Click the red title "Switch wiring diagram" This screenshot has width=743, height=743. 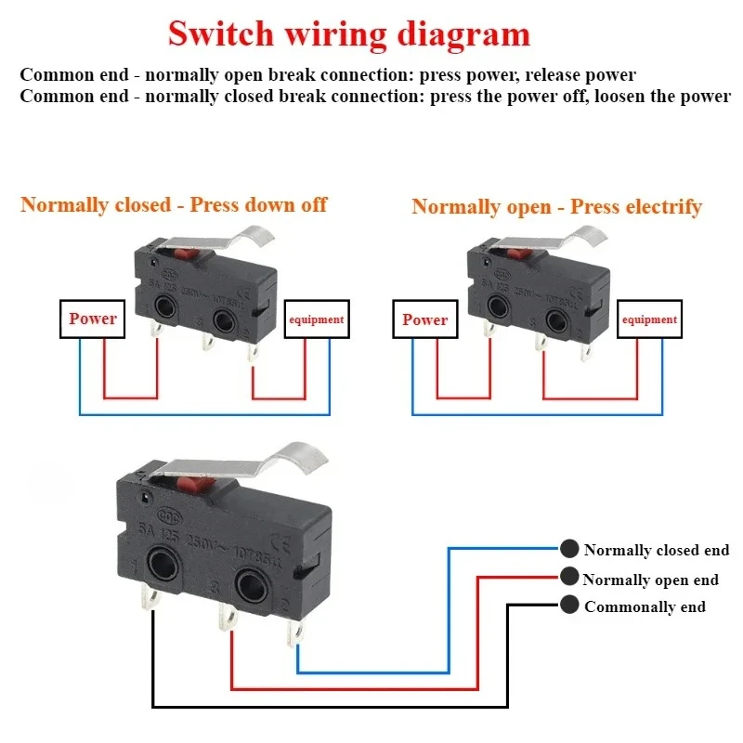[349, 34]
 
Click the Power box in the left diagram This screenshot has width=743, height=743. [92, 319]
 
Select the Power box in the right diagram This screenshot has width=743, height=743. [425, 319]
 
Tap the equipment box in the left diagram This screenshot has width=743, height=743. [317, 319]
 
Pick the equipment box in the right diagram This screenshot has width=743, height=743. [650, 319]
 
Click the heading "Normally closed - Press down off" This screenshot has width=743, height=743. [174, 204]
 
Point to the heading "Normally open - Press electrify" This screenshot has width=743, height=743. [556, 206]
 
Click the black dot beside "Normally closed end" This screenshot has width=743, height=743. [568, 549]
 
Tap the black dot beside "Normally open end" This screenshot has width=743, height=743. [568, 578]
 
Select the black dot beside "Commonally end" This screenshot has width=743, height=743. [568, 606]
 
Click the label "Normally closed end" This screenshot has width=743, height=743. [657, 550]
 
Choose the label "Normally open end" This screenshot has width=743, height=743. [650, 580]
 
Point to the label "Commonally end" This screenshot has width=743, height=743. [645, 606]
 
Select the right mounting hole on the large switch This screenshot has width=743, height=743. [252, 585]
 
